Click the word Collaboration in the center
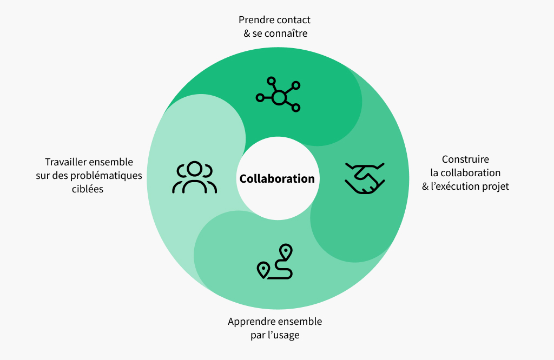click(277, 178)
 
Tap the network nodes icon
click(279, 94)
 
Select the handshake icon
click(365, 178)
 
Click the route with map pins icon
click(275, 262)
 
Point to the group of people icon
click(194, 177)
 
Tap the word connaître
click(286, 34)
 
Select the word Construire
click(465, 159)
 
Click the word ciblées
click(88, 189)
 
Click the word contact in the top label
click(294, 20)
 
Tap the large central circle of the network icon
click(279, 97)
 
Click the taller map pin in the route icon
click(286, 252)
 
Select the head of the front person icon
click(195, 168)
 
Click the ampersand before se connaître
click(247, 34)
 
